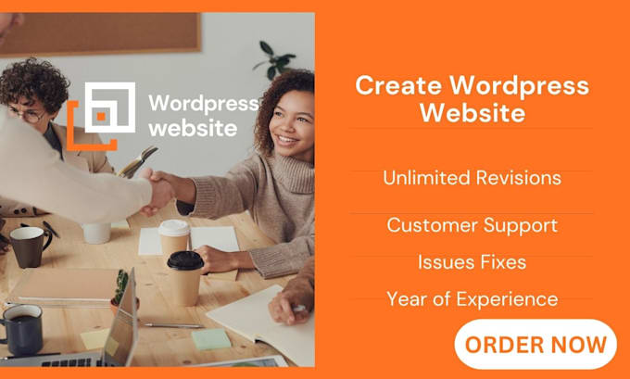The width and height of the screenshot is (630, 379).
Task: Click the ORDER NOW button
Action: click(535, 345)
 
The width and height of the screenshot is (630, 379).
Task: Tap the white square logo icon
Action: click(109, 107)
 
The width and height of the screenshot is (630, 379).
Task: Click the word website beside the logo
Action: click(193, 128)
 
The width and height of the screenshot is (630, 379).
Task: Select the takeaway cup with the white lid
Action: click(173, 236)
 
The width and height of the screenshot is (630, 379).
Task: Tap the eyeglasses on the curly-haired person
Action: click(28, 116)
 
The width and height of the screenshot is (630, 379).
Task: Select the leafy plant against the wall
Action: click(275, 61)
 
